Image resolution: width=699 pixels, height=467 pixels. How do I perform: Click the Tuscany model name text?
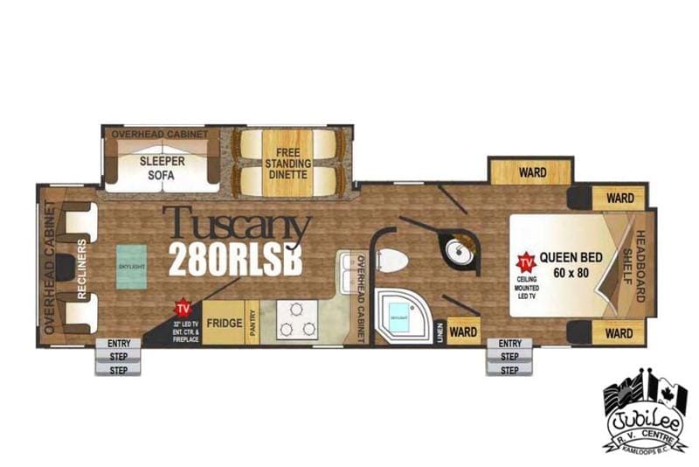click(x=236, y=227)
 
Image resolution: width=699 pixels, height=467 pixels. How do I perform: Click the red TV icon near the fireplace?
click(x=183, y=308)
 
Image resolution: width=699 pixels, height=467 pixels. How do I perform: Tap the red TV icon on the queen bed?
click(x=526, y=262)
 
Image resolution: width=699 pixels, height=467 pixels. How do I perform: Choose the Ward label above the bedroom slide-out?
click(x=532, y=172)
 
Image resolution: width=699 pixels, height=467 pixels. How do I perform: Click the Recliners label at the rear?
click(x=80, y=268)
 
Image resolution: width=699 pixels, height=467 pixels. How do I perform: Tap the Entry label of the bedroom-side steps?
click(x=509, y=344)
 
